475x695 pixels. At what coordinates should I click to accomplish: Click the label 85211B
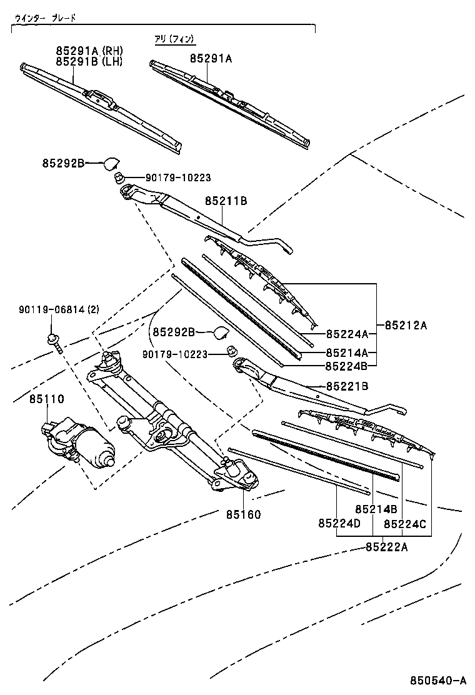(x=226, y=201)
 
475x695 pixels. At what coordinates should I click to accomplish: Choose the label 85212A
(x=406, y=325)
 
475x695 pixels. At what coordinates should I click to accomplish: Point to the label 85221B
(x=346, y=387)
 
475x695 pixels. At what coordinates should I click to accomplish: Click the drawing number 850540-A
(x=438, y=680)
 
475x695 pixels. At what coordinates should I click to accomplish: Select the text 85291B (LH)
(x=89, y=61)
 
